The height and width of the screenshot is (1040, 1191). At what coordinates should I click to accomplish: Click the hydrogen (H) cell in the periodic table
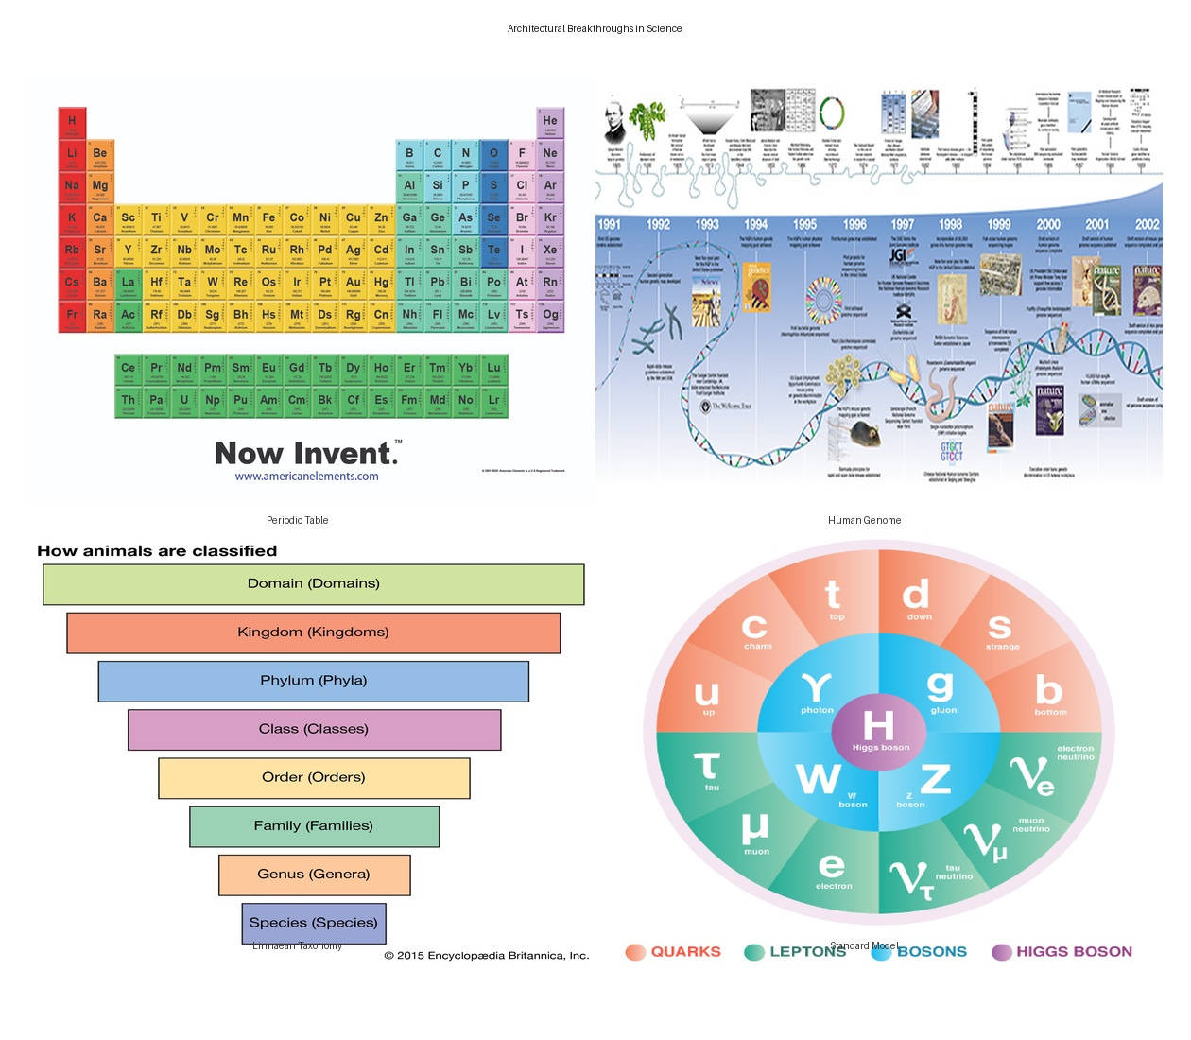pos(72,123)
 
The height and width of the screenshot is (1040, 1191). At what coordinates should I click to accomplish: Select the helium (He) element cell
pos(550,123)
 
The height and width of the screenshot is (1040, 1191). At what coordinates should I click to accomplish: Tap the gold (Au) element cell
pos(353,284)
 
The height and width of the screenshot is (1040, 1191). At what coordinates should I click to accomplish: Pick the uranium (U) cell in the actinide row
pos(184,402)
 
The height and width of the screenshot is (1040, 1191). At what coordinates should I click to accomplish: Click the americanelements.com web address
pos(306,477)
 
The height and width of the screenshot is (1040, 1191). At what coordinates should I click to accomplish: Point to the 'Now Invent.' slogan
pos(306,453)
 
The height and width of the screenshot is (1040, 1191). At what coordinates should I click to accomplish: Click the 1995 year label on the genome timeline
pos(804,225)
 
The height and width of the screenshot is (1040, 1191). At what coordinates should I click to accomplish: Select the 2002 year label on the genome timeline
pos(1147,225)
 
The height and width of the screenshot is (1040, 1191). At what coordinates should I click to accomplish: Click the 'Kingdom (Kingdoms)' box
pos(313,633)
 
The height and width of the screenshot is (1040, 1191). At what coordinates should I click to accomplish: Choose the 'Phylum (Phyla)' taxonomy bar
pos(313,681)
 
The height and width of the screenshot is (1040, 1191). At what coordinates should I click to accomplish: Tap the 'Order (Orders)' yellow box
pos(313,777)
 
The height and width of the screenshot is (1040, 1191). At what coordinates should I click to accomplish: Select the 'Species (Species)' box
pos(313,923)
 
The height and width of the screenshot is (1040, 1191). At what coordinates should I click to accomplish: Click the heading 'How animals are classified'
pos(157,551)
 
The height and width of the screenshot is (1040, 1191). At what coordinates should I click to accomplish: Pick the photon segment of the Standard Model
pos(817,693)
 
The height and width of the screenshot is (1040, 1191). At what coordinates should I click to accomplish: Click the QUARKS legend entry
pos(673,952)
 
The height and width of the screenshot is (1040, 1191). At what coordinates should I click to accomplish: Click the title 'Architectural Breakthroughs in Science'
pos(595,28)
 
